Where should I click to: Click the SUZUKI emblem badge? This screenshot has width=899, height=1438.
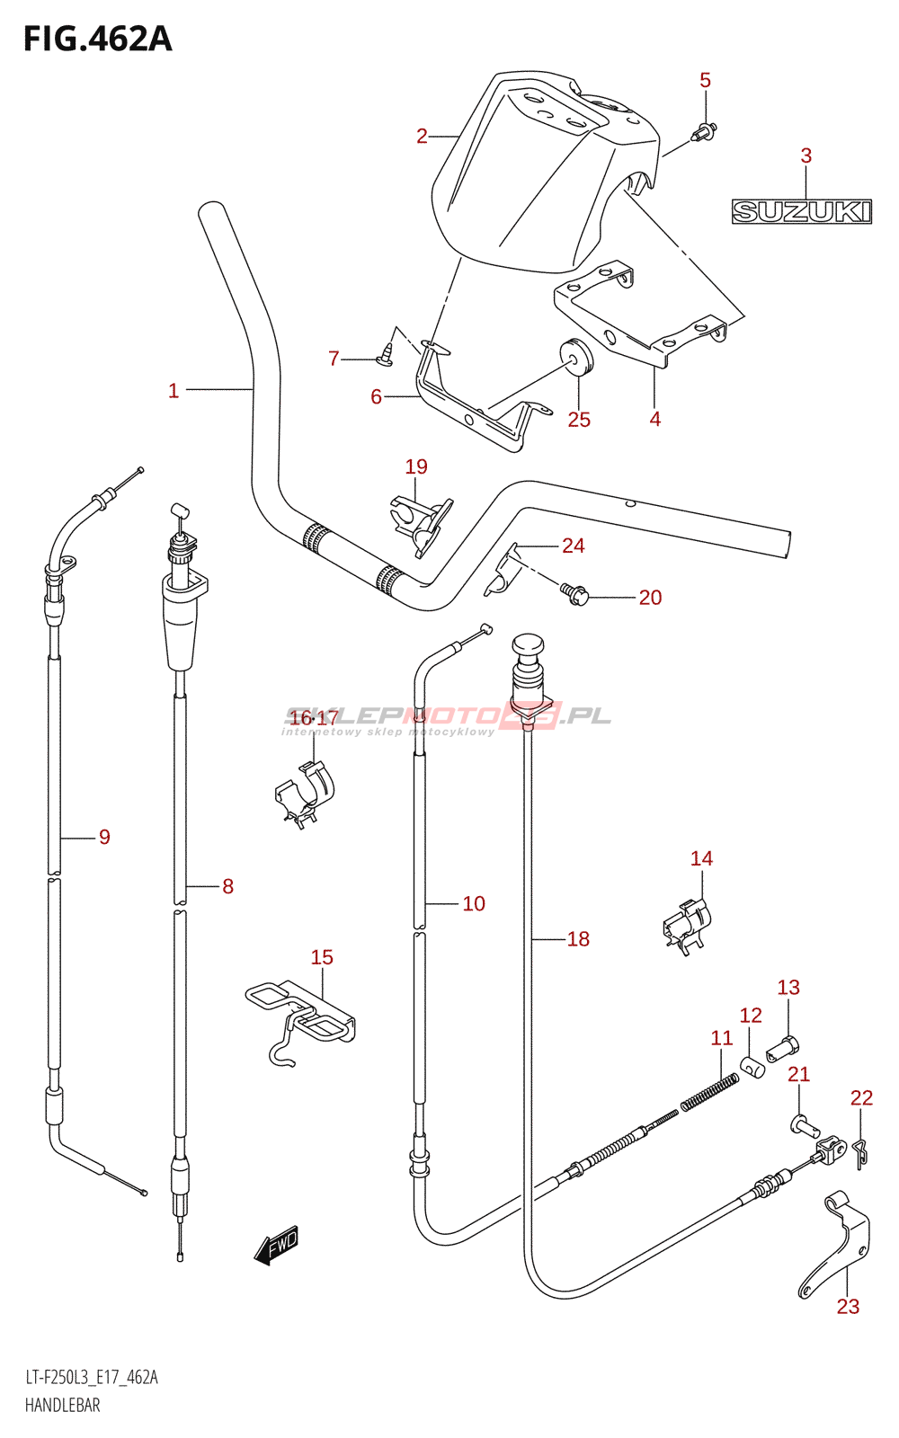coord(801,211)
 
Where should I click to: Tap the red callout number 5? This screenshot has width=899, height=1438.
coord(705,80)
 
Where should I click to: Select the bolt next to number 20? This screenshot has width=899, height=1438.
coord(574,594)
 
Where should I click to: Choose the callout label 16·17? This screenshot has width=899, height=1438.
coord(314,718)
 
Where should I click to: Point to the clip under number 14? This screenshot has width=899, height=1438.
coord(687,927)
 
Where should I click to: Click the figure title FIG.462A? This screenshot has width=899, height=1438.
coord(98,40)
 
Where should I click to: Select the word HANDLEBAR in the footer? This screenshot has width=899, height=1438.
coord(62,1406)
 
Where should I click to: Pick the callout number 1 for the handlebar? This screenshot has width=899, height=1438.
coord(174,391)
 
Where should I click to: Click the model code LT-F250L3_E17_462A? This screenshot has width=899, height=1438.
coord(91,1377)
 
